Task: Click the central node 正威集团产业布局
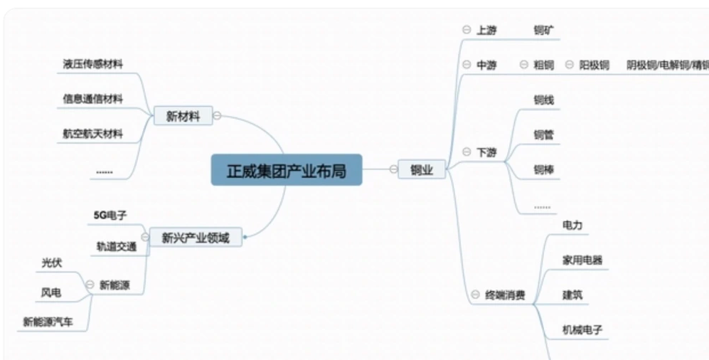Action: tap(286, 171)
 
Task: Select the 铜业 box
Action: tap(421, 169)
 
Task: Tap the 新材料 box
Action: tap(183, 116)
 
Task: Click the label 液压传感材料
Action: tap(92, 64)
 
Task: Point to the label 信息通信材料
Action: tap(92, 99)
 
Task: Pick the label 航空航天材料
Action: tap(92, 133)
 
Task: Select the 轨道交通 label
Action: tap(116, 246)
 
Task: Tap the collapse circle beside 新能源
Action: tap(90, 285)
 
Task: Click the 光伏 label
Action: tap(52, 263)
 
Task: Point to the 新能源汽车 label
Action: tap(48, 322)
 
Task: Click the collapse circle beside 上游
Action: tap(467, 30)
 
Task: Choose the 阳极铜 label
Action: tap(594, 65)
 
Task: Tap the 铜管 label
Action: tap(544, 134)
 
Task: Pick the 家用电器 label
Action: tap(582, 260)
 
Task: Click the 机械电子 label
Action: tap(582, 329)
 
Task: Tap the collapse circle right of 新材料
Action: tap(217, 115)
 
